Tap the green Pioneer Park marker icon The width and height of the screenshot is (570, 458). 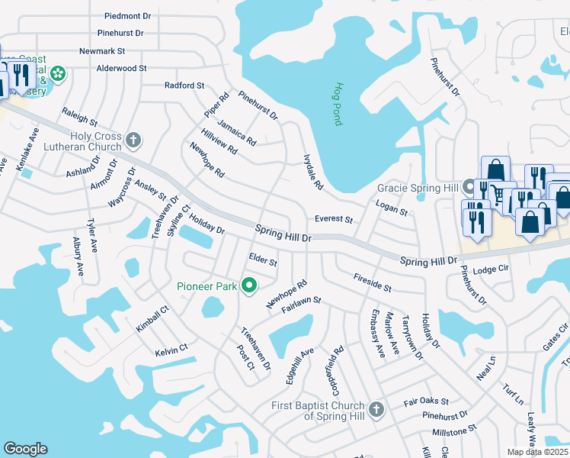click(x=248, y=286)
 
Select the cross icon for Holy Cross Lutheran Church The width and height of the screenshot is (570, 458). click(x=133, y=140)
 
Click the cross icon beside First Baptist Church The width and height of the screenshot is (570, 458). click(x=376, y=410)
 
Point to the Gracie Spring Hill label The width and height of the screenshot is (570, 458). click(x=417, y=188)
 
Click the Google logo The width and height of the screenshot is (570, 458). click(x=25, y=449)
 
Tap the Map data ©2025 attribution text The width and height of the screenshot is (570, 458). click(x=536, y=452)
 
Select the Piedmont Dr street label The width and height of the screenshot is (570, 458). click(x=128, y=15)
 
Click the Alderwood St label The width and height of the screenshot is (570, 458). click(x=121, y=68)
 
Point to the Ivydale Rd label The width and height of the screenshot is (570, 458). click(x=313, y=172)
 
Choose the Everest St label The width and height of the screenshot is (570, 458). click(x=334, y=220)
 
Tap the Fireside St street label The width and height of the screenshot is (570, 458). click(x=372, y=283)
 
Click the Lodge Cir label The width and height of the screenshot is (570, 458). click(x=489, y=269)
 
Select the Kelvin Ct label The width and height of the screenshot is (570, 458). click(x=171, y=350)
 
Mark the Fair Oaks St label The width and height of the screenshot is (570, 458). click(x=426, y=401)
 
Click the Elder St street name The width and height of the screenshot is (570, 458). click(x=263, y=260)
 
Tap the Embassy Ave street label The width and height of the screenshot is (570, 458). click(x=376, y=336)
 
